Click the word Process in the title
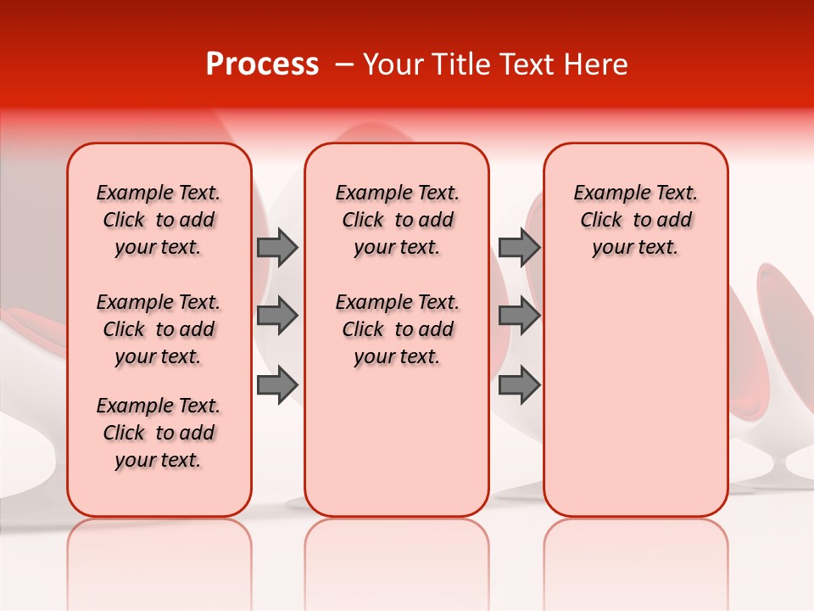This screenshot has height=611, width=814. (x=261, y=64)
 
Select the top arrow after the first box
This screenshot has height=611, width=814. (x=277, y=247)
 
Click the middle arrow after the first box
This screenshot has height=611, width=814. (x=277, y=316)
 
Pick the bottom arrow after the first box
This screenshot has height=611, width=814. (x=277, y=386)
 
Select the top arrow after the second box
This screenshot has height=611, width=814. (x=519, y=247)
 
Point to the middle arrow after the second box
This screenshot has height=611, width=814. (x=519, y=316)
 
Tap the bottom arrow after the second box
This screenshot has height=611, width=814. (x=519, y=386)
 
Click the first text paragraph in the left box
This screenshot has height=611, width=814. (x=159, y=220)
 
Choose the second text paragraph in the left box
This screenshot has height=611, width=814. (x=159, y=329)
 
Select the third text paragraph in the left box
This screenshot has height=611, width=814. (x=159, y=433)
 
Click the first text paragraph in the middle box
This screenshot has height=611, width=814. (x=397, y=220)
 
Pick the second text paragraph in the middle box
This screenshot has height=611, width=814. (x=397, y=329)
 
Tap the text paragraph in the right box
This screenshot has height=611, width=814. (x=636, y=220)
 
